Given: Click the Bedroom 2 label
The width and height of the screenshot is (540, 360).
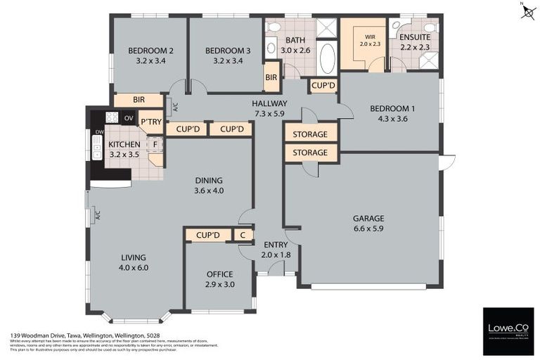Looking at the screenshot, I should [x=150, y=51].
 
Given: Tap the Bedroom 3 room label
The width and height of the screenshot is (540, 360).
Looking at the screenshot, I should [x=228, y=51].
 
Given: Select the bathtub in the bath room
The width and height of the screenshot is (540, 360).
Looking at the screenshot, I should [x=328, y=58].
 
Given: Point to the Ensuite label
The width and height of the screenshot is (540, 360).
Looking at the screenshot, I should [x=415, y=37].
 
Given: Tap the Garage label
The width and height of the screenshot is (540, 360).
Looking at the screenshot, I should [x=368, y=218].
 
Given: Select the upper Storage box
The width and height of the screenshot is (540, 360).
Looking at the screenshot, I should [x=310, y=134].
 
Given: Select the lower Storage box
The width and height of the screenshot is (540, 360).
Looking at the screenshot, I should [x=310, y=152].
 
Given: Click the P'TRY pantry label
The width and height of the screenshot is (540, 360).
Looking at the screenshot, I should [x=151, y=122].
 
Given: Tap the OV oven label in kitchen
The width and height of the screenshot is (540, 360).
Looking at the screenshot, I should [x=129, y=118].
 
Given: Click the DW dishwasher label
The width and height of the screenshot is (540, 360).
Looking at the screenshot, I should [x=99, y=131].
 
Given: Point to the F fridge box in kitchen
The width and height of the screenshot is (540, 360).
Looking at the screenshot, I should [x=155, y=145].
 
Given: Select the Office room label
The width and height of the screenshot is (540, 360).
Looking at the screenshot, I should [x=219, y=274].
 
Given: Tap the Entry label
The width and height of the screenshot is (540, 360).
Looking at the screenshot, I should [x=276, y=245].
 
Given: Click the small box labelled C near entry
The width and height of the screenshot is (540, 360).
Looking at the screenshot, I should [x=243, y=235].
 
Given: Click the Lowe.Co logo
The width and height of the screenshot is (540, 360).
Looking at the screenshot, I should [x=508, y=328].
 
